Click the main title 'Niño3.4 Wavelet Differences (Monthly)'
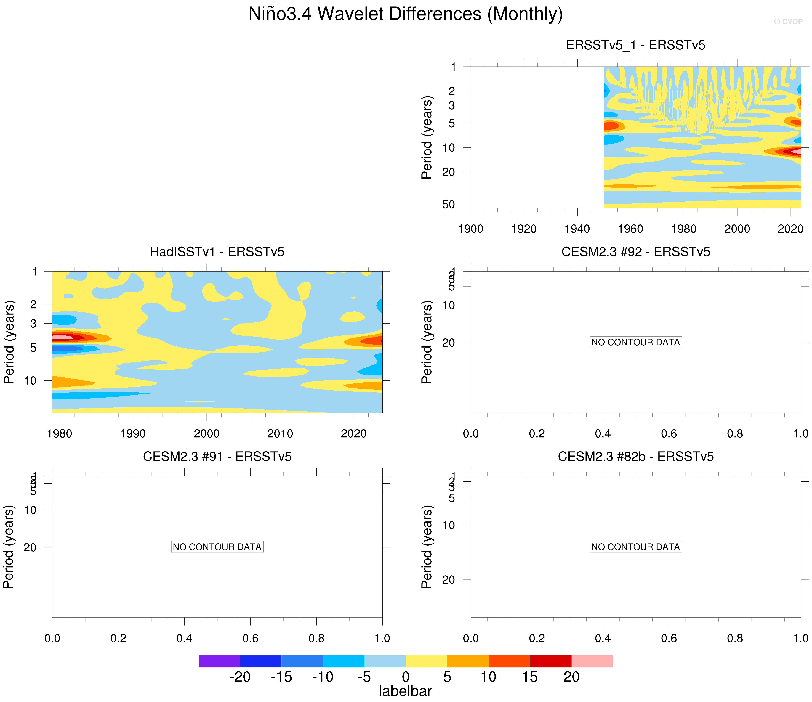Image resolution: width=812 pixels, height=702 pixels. tap(406, 14)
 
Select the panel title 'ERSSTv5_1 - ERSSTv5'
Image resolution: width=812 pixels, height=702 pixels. tap(635, 45)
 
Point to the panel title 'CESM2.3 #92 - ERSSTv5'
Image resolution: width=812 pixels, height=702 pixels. tap(635, 251)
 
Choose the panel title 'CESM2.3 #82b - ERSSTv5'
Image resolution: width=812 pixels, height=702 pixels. tap(635, 456)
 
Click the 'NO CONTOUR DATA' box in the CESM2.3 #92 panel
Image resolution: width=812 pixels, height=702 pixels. tap(635, 342)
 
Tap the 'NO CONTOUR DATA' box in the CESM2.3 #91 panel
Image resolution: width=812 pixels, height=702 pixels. tap(217, 547)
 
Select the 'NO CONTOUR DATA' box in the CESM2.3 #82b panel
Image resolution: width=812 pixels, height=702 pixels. tap(635, 547)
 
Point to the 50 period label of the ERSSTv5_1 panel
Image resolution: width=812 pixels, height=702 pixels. tap(448, 205)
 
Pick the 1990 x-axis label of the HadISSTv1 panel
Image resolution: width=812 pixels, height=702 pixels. tap(133, 434)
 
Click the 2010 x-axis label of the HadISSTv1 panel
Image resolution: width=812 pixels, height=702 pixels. tap(280, 434)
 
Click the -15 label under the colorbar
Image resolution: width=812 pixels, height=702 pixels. tap(281, 677)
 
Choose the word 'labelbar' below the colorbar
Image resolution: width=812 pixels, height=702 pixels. tap(405, 691)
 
